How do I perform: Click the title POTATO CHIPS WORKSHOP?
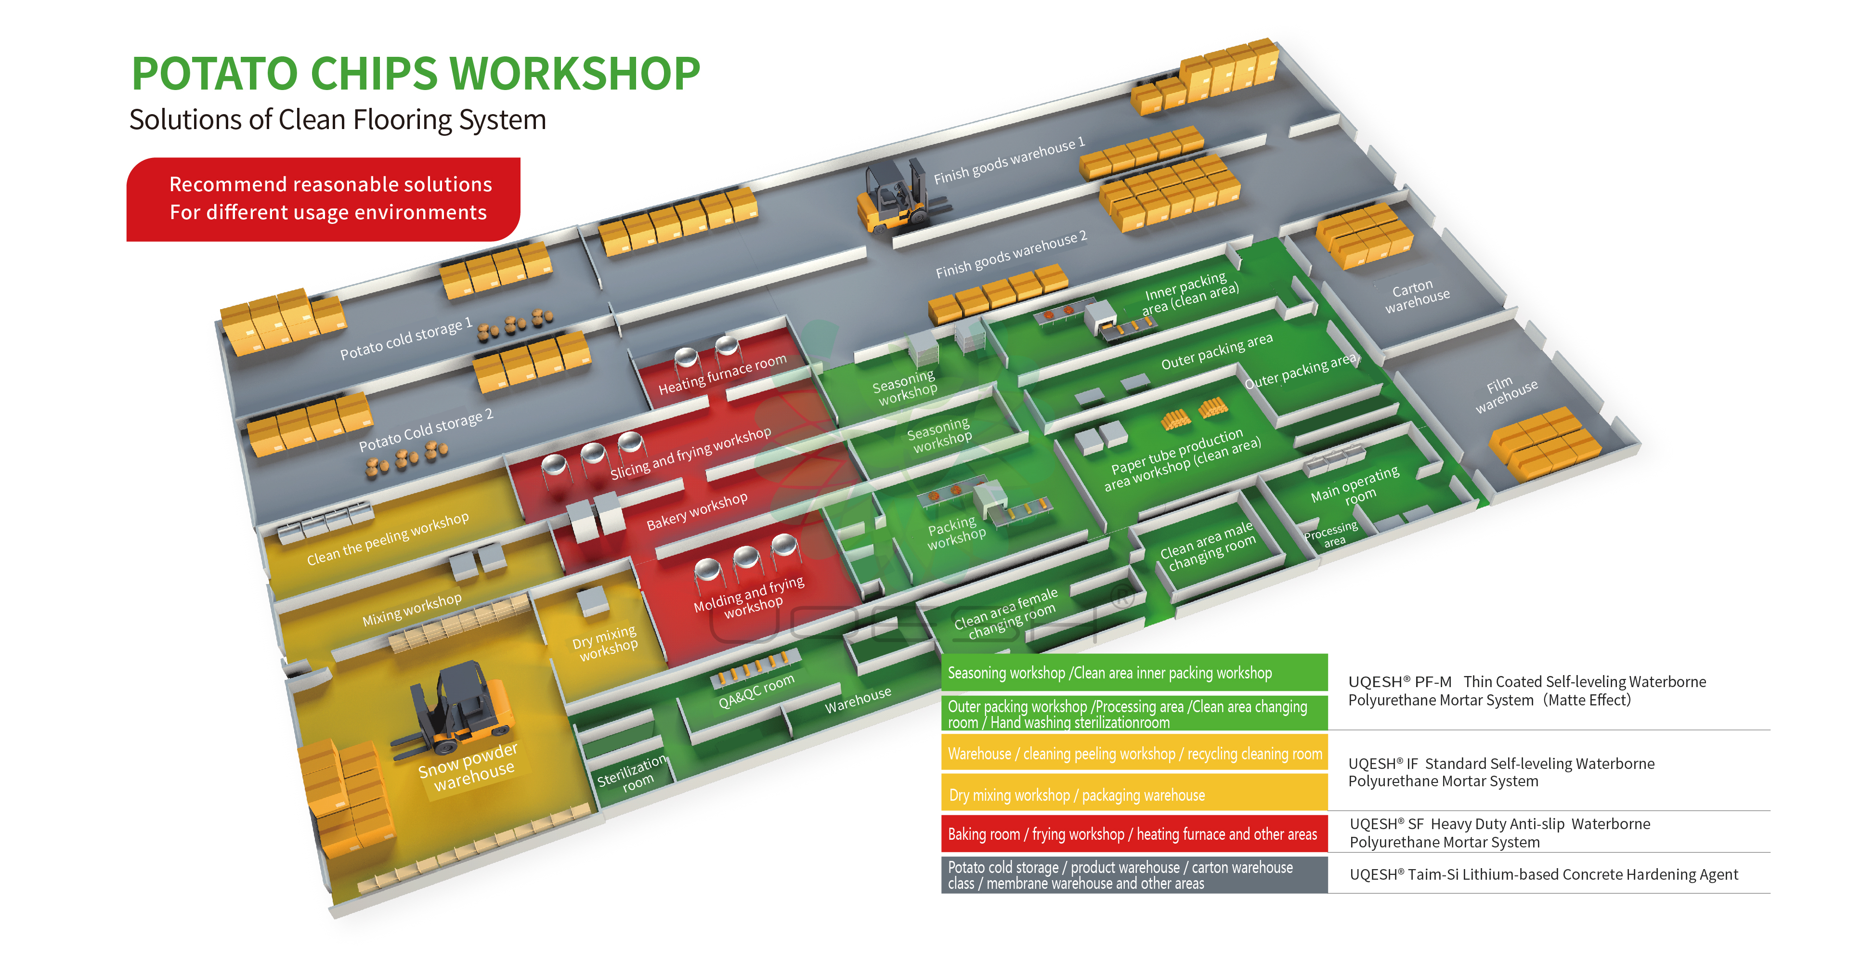pos(415,74)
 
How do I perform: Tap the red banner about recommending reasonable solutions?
pos(323,199)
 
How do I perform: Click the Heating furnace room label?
pos(722,374)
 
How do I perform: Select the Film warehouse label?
pos(1505,395)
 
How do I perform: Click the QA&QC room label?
pos(756,690)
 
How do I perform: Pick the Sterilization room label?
pos(632,773)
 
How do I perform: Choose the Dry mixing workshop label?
pos(605,643)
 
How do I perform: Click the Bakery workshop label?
pos(696,511)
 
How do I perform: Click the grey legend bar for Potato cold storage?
pos(1134,875)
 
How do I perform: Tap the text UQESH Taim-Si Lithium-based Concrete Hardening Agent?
pos(1543,874)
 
